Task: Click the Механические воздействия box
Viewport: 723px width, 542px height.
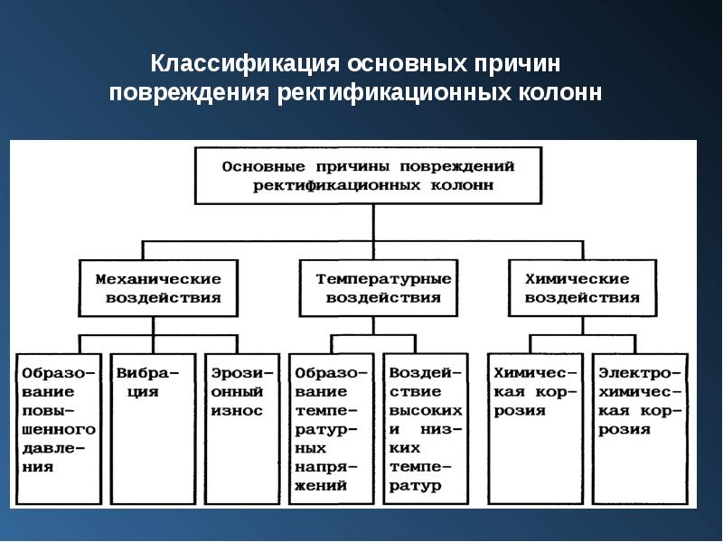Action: click(158, 288)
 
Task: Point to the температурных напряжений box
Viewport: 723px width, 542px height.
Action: click(330, 429)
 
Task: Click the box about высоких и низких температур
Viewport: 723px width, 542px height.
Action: click(422, 429)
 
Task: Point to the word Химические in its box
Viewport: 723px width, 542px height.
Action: click(583, 279)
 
